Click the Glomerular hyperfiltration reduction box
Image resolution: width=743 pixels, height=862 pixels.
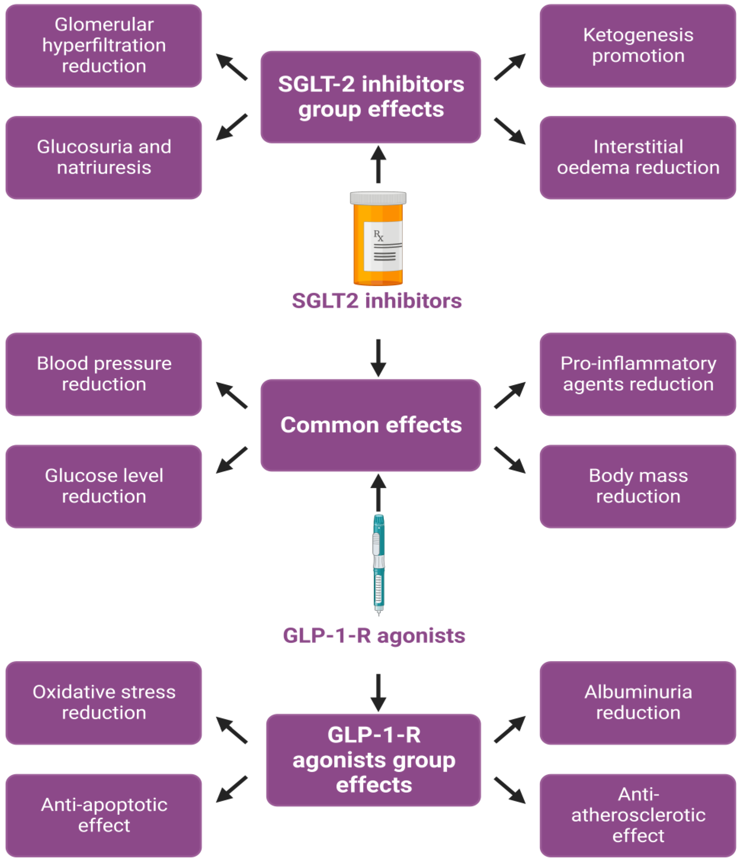click(104, 46)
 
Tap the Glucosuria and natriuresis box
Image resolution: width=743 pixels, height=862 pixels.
click(104, 157)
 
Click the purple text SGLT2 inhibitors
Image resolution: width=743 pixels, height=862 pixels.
click(377, 300)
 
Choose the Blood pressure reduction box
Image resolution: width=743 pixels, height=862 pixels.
click(104, 374)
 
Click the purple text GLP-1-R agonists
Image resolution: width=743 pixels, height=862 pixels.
click(374, 635)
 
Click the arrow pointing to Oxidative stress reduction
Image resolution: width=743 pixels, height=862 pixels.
click(231, 730)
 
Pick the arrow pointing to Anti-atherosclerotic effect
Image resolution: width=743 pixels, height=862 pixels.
click(510, 790)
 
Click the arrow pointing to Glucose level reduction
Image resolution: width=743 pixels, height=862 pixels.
click(231, 460)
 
